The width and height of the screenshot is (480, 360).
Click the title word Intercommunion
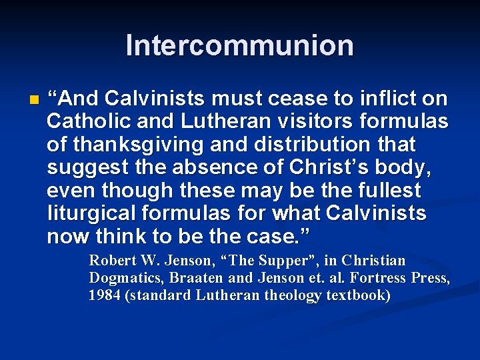(x=239, y=45)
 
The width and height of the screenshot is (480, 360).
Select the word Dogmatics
(x=125, y=277)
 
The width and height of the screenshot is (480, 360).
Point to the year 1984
(x=105, y=295)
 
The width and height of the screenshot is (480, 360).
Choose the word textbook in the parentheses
(x=358, y=295)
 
